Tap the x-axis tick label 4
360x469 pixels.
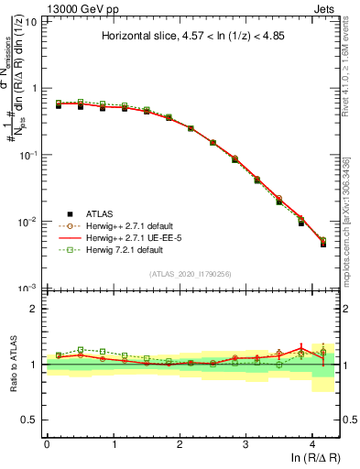(312, 444)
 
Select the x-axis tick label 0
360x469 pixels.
(47, 444)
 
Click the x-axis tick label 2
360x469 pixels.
(180, 444)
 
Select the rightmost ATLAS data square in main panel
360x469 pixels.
(323, 244)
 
